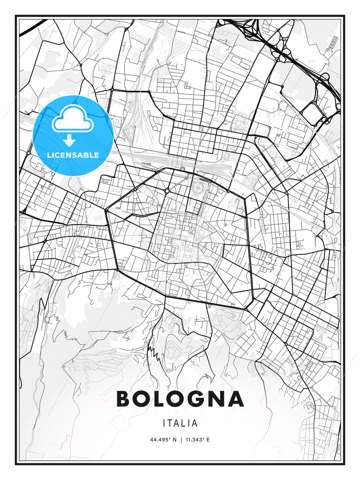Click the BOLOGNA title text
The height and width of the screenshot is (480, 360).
coord(180,399)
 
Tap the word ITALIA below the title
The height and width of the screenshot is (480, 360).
coord(180,423)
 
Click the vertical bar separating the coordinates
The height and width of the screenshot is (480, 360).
coord(181,440)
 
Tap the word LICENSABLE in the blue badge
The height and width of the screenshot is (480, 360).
coord(73,155)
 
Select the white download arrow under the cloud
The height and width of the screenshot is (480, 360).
coord(69,140)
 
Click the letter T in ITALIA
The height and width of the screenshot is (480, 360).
coord(170,423)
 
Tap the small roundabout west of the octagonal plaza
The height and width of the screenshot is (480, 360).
coord(166,191)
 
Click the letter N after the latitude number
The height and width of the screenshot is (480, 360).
coord(174,440)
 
